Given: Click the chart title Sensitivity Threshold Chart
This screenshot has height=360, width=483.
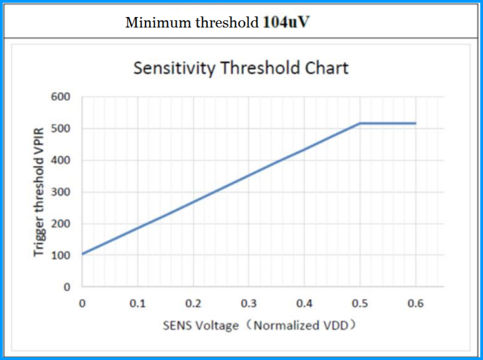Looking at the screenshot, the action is click(x=241, y=68).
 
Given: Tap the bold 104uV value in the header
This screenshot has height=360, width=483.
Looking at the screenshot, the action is click(x=286, y=22).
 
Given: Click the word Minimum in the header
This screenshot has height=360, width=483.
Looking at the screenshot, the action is click(x=158, y=22).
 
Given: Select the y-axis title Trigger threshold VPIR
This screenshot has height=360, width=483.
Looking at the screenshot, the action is click(x=39, y=192).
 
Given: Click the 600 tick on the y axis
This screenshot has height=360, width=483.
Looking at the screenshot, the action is click(x=61, y=97).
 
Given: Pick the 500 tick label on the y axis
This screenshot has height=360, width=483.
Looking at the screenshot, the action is click(x=61, y=129).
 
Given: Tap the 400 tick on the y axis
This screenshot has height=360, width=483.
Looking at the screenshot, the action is click(x=61, y=160).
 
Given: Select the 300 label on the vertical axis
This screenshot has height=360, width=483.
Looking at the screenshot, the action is click(x=61, y=192).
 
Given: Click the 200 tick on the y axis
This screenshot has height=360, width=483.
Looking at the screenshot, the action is click(x=61, y=224).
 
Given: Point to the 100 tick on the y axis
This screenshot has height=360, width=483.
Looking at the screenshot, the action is click(x=61, y=256).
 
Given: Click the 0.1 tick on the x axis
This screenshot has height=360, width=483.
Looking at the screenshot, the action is click(x=137, y=303).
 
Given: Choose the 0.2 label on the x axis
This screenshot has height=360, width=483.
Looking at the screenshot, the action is click(x=193, y=303).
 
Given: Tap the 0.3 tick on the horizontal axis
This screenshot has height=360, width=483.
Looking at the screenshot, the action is click(x=249, y=303).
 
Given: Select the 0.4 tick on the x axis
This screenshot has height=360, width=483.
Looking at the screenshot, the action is click(x=305, y=303).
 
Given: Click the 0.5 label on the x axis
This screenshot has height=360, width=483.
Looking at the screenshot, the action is click(x=360, y=303).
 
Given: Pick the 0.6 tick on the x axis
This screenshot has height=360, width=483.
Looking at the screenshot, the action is click(x=415, y=303).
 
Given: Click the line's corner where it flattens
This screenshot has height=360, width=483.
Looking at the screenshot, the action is click(x=360, y=123).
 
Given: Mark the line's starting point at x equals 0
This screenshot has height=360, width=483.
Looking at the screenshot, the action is click(x=82, y=254).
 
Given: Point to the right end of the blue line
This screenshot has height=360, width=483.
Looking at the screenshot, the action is click(x=416, y=123).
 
